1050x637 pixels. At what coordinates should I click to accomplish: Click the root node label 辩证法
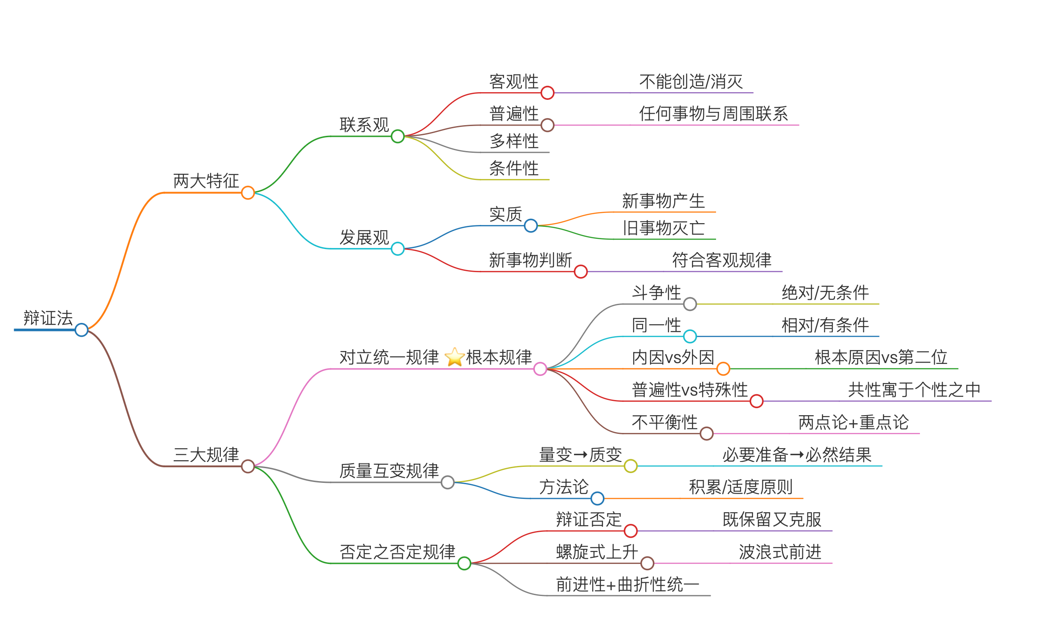(48, 318)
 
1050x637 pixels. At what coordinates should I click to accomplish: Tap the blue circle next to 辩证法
(81, 330)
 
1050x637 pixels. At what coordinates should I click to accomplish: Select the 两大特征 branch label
(206, 181)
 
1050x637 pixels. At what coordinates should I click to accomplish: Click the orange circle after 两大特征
(248, 193)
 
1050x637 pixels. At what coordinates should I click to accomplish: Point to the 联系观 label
(364, 125)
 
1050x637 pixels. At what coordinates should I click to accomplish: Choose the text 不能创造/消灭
(691, 82)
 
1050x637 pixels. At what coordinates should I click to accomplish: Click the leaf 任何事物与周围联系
(713, 114)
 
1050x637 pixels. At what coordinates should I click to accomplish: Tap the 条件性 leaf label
(514, 168)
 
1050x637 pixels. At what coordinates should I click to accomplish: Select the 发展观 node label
(364, 237)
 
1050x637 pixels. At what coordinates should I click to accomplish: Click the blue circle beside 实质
(531, 225)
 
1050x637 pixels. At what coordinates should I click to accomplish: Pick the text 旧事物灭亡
(663, 228)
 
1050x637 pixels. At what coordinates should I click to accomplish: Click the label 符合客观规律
(721, 260)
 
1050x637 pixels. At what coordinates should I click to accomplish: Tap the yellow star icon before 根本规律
(455, 357)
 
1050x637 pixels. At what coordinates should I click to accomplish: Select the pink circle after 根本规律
(540, 369)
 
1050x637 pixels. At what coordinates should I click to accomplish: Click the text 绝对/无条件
(825, 293)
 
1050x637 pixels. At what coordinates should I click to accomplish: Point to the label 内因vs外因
(673, 357)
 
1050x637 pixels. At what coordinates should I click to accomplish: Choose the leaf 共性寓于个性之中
(914, 390)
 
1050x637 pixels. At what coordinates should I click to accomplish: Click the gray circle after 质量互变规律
(448, 482)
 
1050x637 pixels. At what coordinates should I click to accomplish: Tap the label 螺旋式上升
(597, 552)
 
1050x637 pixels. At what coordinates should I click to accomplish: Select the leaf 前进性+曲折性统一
(627, 584)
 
